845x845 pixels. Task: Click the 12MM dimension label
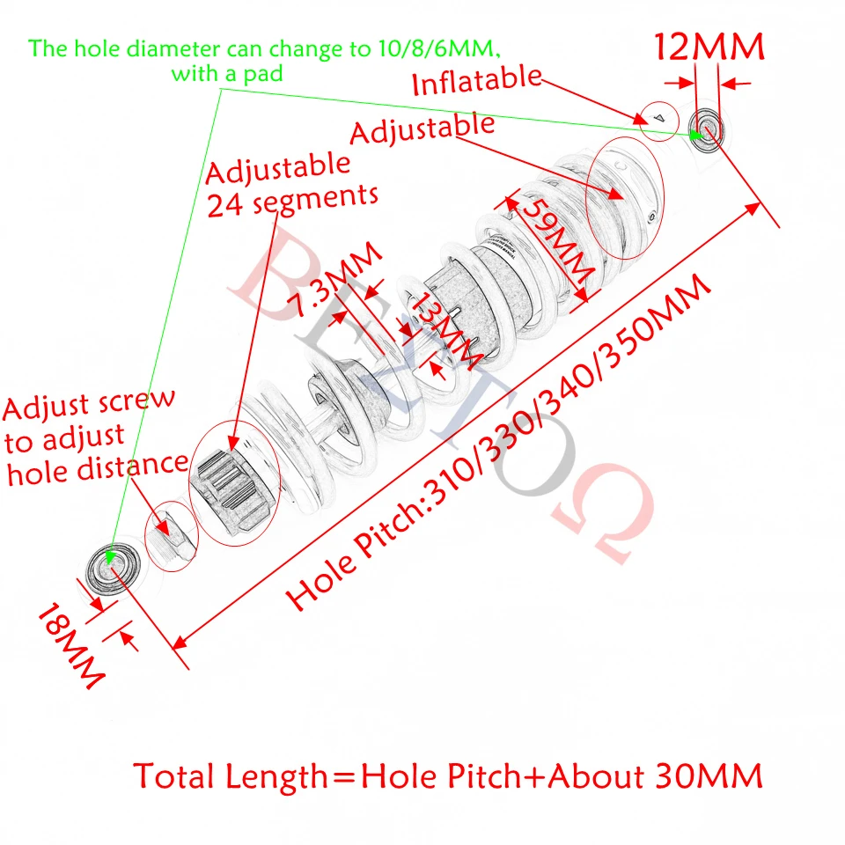click(x=708, y=46)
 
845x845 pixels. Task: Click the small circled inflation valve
click(x=658, y=117)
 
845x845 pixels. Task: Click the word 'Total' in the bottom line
click(x=175, y=776)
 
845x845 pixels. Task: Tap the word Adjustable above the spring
click(x=422, y=129)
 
